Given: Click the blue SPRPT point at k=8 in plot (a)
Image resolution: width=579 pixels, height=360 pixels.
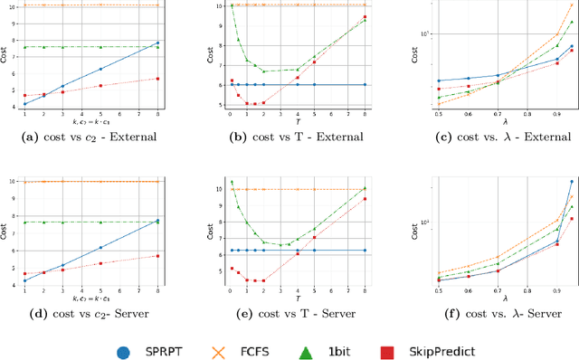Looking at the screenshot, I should point(158,43).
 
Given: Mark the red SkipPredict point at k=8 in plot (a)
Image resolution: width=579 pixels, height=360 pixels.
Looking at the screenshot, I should point(158,79).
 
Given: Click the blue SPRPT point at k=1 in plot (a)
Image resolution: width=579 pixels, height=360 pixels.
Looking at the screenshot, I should point(24,104).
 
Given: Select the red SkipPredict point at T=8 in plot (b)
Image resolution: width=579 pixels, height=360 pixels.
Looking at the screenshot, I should point(365,17).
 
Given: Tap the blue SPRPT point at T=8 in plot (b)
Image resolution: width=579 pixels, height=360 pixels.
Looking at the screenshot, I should point(365,85).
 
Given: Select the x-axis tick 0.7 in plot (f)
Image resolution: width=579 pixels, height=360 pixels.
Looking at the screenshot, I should point(498,289).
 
